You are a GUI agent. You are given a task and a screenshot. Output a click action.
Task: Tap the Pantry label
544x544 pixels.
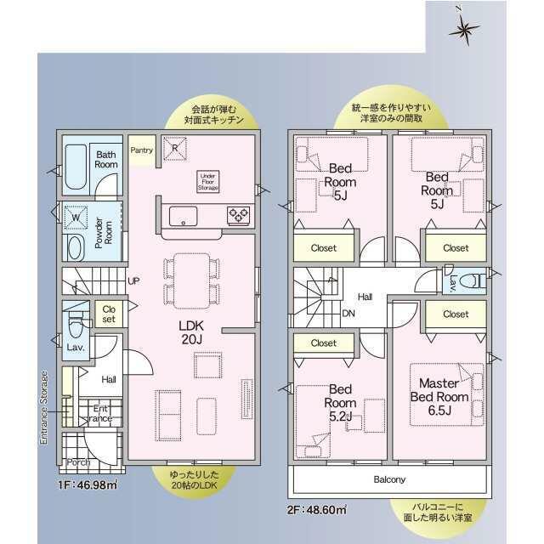[142, 150]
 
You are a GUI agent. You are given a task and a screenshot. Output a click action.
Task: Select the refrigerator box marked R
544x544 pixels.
[175, 149]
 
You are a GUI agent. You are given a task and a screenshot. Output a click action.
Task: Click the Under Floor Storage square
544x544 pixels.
[207, 181]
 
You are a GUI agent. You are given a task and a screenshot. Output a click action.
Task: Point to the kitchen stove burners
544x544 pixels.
[239, 215]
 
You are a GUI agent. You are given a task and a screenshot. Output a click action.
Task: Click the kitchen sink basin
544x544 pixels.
[183, 216]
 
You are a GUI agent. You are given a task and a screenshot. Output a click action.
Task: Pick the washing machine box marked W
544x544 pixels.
[76, 218]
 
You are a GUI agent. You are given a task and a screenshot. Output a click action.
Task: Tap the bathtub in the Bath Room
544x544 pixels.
[76, 167]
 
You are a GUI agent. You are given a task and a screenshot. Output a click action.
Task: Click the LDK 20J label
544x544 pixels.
[191, 332]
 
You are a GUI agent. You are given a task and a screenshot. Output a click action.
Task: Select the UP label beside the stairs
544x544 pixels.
[133, 281]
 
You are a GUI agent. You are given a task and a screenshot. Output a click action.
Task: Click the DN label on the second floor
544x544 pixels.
[348, 314]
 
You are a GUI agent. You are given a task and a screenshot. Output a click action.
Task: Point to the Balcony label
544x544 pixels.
[389, 479]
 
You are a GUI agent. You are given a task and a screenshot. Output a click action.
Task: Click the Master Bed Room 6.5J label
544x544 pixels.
[439, 397]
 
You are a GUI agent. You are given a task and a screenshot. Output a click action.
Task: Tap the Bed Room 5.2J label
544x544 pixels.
[340, 403]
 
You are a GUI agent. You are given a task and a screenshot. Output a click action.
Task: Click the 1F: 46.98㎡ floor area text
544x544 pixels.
[88, 484]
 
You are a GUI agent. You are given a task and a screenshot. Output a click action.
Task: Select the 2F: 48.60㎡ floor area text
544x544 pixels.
[316, 510]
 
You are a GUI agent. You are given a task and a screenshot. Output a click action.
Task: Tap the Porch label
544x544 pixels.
[78, 462]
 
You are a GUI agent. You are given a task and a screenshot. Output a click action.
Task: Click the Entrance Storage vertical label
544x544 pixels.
[43, 408]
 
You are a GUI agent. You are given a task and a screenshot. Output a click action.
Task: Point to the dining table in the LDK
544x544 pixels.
[191, 281]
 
